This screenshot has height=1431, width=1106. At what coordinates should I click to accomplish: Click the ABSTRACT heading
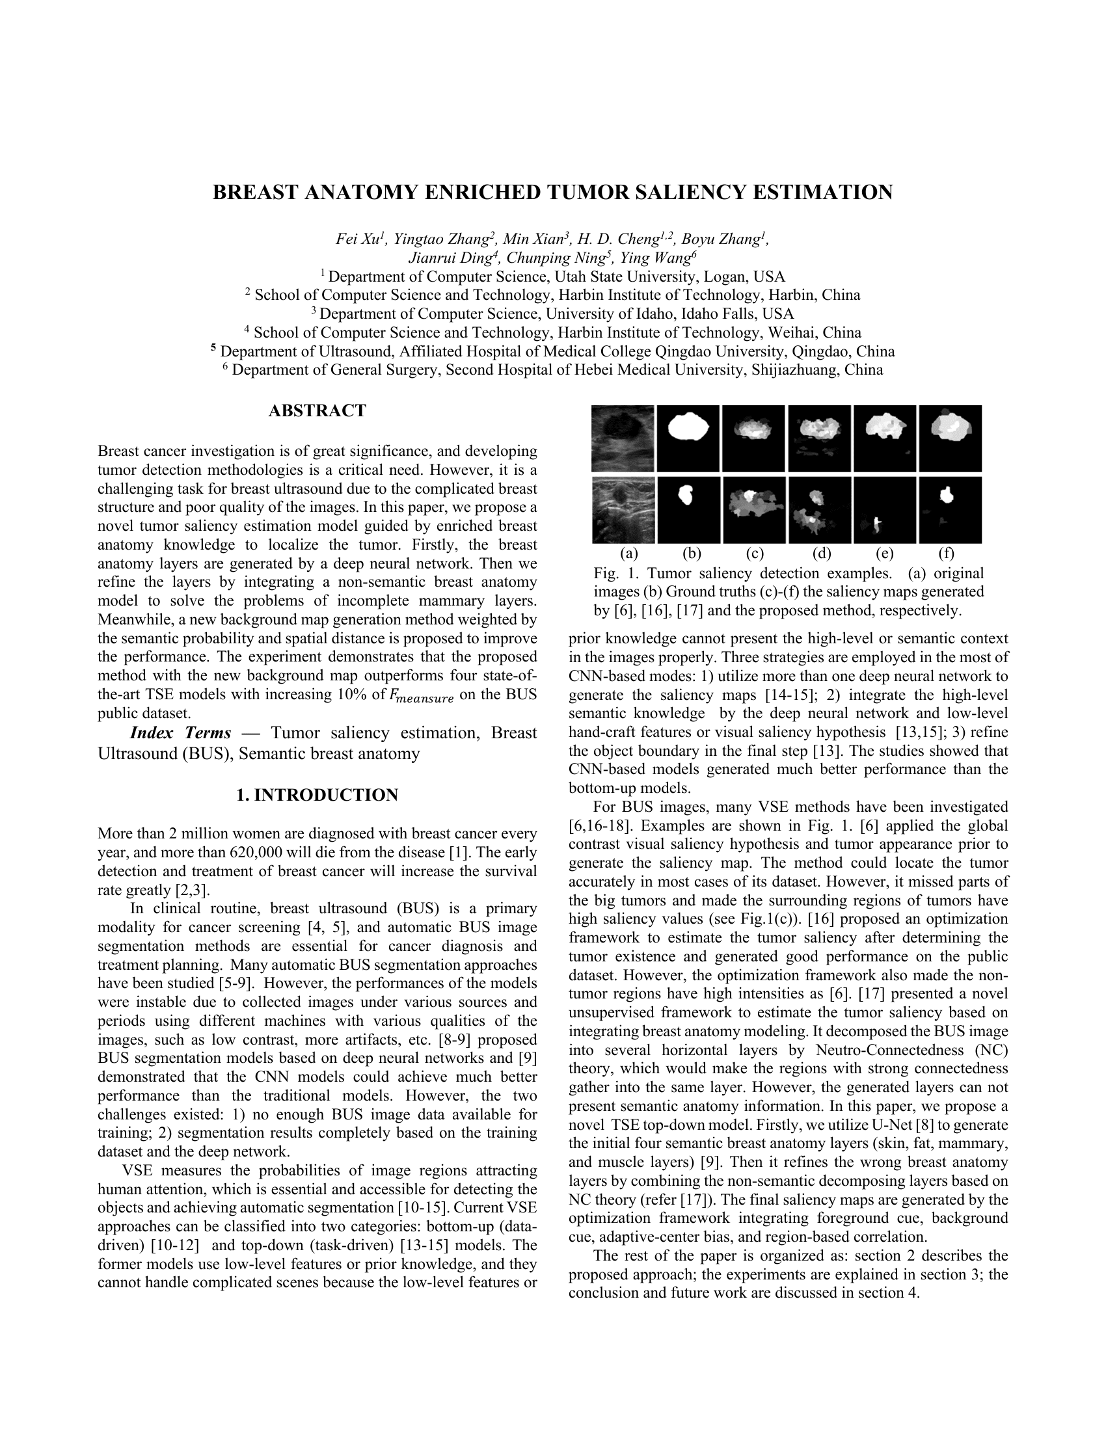tap(317, 411)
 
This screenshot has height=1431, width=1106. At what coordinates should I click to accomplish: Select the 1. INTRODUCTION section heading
tap(317, 795)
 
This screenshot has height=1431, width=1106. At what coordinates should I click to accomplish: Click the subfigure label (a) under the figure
tap(629, 554)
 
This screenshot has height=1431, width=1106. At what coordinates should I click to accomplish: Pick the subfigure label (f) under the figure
tap(946, 554)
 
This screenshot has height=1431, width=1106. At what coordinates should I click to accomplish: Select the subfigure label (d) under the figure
tap(822, 554)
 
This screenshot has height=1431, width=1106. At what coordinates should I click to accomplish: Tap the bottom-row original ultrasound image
tap(623, 510)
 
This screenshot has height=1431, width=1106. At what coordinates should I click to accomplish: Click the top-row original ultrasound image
tap(623, 438)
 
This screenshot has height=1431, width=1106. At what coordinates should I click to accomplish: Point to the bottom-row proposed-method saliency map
tap(950, 510)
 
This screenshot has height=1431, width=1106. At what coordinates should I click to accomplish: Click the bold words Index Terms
tap(180, 732)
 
